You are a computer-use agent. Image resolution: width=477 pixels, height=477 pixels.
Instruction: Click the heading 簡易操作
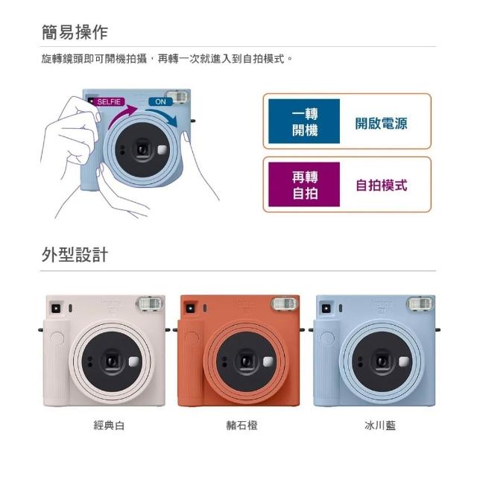pyautogui.click(x=75, y=32)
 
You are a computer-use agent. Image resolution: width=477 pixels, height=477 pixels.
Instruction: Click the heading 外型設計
pyautogui.click(x=75, y=255)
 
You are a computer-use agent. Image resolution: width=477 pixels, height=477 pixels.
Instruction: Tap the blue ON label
pyautogui.click(x=160, y=101)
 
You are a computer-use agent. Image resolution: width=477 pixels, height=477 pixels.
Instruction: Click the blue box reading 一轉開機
pyautogui.click(x=304, y=121)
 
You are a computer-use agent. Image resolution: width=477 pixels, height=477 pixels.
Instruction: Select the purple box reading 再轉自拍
pyautogui.click(x=304, y=184)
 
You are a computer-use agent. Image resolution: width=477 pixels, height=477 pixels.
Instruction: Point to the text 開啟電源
pyautogui.click(x=381, y=123)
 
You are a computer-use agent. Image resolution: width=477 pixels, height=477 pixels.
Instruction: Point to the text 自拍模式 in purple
pyautogui.click(x=381, y=186)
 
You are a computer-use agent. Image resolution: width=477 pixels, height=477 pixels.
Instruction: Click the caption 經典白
pyautogui.click(x=109, y=426)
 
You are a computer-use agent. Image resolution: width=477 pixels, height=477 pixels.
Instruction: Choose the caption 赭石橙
pyautogui.click(x=241, y=426)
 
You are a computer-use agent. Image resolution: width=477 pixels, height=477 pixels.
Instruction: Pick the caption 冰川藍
pyautogui.click(x=380, y=426)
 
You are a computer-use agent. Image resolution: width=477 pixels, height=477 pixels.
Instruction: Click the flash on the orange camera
pyautogui.click(x=285, y=303)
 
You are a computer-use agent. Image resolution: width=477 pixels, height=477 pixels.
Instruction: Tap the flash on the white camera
pyautogui.click(x=149, y=303)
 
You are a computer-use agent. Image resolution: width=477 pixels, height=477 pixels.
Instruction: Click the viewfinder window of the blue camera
pyautogui.click(x=326, y=309)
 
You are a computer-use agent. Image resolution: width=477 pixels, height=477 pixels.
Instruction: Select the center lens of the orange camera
pyautogui.click(x=245, y=361)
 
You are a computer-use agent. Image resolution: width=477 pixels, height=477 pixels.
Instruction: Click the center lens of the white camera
pyautogui.click(x=112, y=361)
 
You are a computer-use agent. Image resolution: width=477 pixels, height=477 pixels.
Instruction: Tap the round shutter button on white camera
pyautogui.click(x=57, y=338)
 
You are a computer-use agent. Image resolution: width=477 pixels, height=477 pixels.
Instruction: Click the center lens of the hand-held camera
pyautogui.click(x=142, y=150)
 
